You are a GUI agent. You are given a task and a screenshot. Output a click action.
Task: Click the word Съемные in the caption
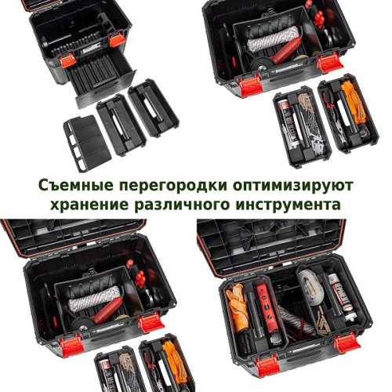coord(76,185)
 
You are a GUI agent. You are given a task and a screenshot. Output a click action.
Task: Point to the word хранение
coord(89,205)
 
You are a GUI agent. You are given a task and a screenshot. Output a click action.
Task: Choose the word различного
coord(183,205)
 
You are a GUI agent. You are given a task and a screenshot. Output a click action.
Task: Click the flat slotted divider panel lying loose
coord(88,143)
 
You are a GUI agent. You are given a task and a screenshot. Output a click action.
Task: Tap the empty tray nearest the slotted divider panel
coord(122,125)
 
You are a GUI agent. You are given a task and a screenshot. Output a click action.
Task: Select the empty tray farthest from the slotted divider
coord(154,108)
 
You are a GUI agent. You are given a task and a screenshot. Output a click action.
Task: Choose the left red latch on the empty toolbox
coord(67,60)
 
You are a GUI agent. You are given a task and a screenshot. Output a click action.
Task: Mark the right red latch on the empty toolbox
coord(118,40)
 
